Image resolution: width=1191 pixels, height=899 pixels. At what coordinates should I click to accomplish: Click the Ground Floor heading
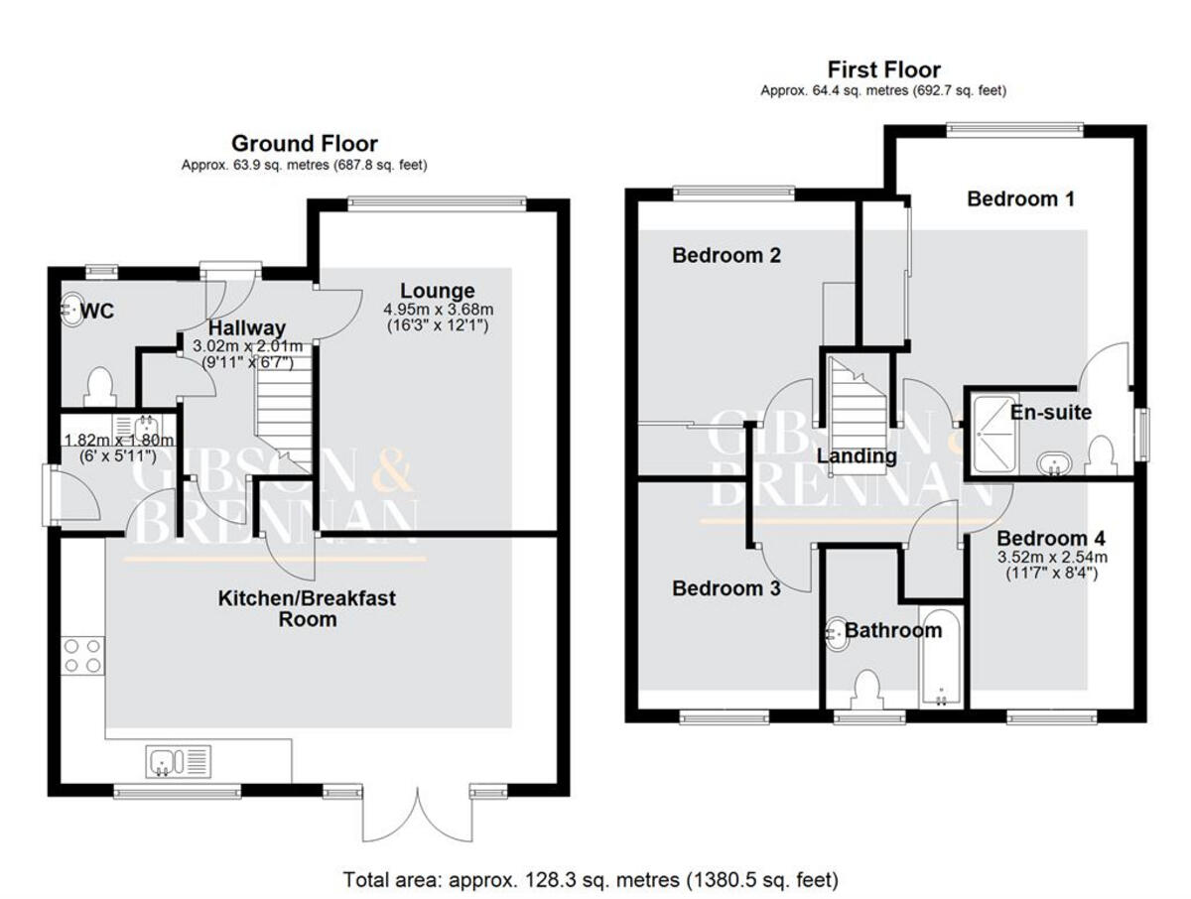tap(304, 144)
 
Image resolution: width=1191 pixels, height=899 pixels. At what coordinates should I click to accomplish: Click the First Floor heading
tap(883, 69)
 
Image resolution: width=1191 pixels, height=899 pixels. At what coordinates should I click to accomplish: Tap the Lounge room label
tap(437, 291)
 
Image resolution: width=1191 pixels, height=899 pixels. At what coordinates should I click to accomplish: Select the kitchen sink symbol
tap(179, 762)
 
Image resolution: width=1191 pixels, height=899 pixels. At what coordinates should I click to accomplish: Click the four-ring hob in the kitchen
tap(82, 656)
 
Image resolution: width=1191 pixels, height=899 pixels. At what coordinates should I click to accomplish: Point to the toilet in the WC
tap(100, 387)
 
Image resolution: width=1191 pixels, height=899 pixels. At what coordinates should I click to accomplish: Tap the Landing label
tap(857, 457)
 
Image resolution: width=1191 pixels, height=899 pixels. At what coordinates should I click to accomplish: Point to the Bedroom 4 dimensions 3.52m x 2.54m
tap(1051, 565)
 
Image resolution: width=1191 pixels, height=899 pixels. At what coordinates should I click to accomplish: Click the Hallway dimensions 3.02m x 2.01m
tap(246, 354)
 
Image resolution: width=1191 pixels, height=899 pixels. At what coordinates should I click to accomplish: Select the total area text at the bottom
tap(591, 879)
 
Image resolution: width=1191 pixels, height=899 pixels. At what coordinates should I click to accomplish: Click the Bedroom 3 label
tap(726, 588)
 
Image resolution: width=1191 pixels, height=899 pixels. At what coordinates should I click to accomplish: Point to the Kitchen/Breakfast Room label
tap(307, 608)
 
